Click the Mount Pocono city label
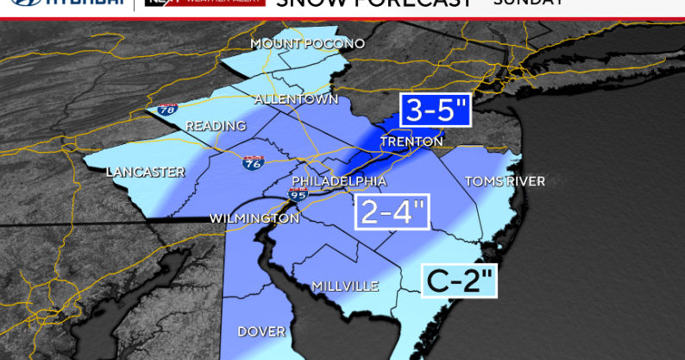(x=307, y=43)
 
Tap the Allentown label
(x=296, y=99)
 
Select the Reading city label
(x=217, y=126)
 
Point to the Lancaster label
(x=146, y=172)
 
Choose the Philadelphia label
(x=339, y=181)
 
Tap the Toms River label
(x=505, y=181)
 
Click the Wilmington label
(x=255, y=218)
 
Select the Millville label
(x=345, y=286)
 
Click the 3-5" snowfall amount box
(x=435, y=111)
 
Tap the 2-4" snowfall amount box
(x=393, y=212)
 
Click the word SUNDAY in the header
(x=528, y=3)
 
